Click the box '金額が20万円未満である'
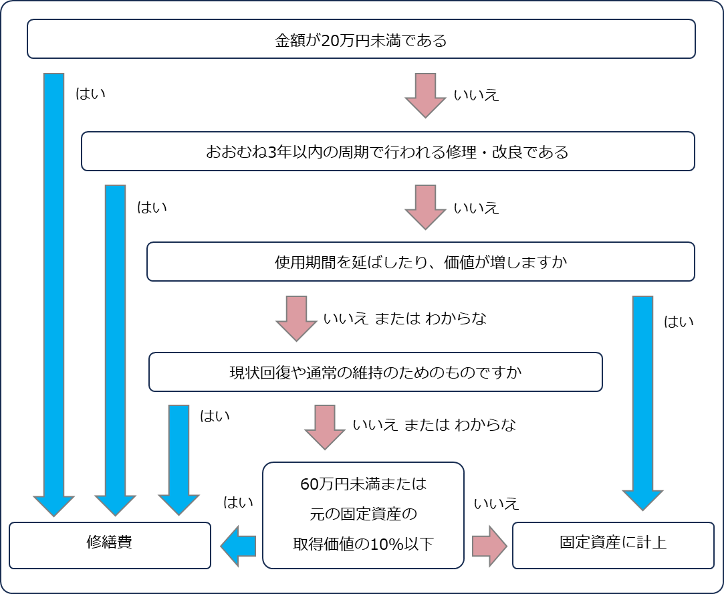(361, 39)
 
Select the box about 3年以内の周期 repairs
(388, 151)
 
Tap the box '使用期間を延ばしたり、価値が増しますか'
(420, 262)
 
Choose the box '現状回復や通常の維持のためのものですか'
(375, 372)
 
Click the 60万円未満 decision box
(363, 515)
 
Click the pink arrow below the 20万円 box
(425, 95)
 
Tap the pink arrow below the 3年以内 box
(425, 207)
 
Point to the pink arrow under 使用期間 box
(296, 318)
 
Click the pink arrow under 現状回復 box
(325, 426)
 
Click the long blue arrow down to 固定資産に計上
(642, 401)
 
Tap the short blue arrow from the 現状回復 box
(178, 458)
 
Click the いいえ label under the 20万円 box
(477, 95)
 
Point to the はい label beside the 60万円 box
(238, 502)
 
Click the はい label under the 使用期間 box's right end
(679, 322)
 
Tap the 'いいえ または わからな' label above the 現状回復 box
(405, 318)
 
